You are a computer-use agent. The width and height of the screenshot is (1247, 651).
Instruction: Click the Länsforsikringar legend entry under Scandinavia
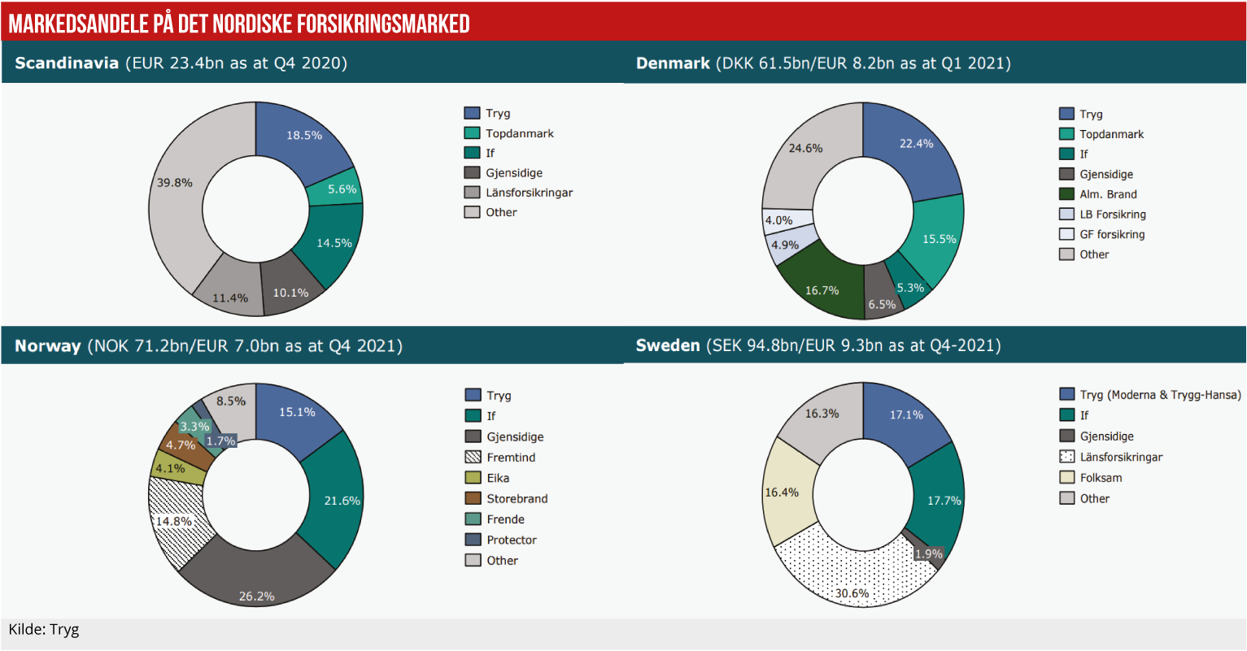pyautogui.click(x=529, y=193)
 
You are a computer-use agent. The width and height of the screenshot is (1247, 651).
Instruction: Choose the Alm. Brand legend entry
pyautogui.click(x=1108, y=194)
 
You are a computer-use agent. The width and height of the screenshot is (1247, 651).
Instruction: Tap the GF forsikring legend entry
pyautogui.click(x=1111, y=234)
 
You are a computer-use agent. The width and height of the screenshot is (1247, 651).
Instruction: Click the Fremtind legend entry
pyautogui.click(x=511, y=458)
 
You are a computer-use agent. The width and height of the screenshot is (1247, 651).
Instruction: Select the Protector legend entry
pyautogui.click(x=511, y=540)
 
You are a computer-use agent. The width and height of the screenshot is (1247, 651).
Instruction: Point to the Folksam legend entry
pyautogui.click(x=1101, y=478)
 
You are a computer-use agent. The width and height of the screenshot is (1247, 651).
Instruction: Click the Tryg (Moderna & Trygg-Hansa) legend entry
pyautogui.click(x=1160, y=395)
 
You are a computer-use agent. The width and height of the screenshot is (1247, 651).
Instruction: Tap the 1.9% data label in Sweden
pyautogui.click(x=928, y=554)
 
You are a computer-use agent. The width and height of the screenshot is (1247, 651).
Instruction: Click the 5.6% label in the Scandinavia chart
pyautogui.click(x=342, y=189)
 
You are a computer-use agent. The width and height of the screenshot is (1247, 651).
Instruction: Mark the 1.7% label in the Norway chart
pyautogui.click(x=220, y=441)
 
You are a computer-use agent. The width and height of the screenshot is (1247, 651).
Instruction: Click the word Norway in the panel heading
pyautogui.click(x=47, y=346)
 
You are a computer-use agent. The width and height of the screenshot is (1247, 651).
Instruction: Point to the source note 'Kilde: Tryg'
pyautogui.click(x=44, y=630)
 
